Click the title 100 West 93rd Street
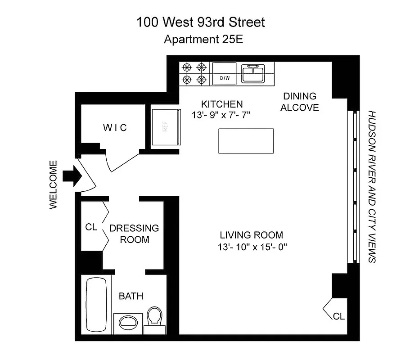tap(201, 22)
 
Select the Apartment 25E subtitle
tap(203, 39)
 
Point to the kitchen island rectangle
tap(246, 141)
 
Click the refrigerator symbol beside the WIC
tap(165, 128)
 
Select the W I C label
tap(115, 128)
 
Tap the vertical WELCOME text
tap(54, 184)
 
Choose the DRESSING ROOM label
tap(134, 234)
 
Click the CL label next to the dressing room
tap(91, 227)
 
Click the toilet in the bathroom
tap(154, 317)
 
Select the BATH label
tap(131, 296)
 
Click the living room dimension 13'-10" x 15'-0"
tap(252, 247)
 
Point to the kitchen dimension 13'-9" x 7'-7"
tap(220, 115)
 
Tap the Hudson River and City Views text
tap(372, 186)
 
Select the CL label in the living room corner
tap(338, 316)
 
